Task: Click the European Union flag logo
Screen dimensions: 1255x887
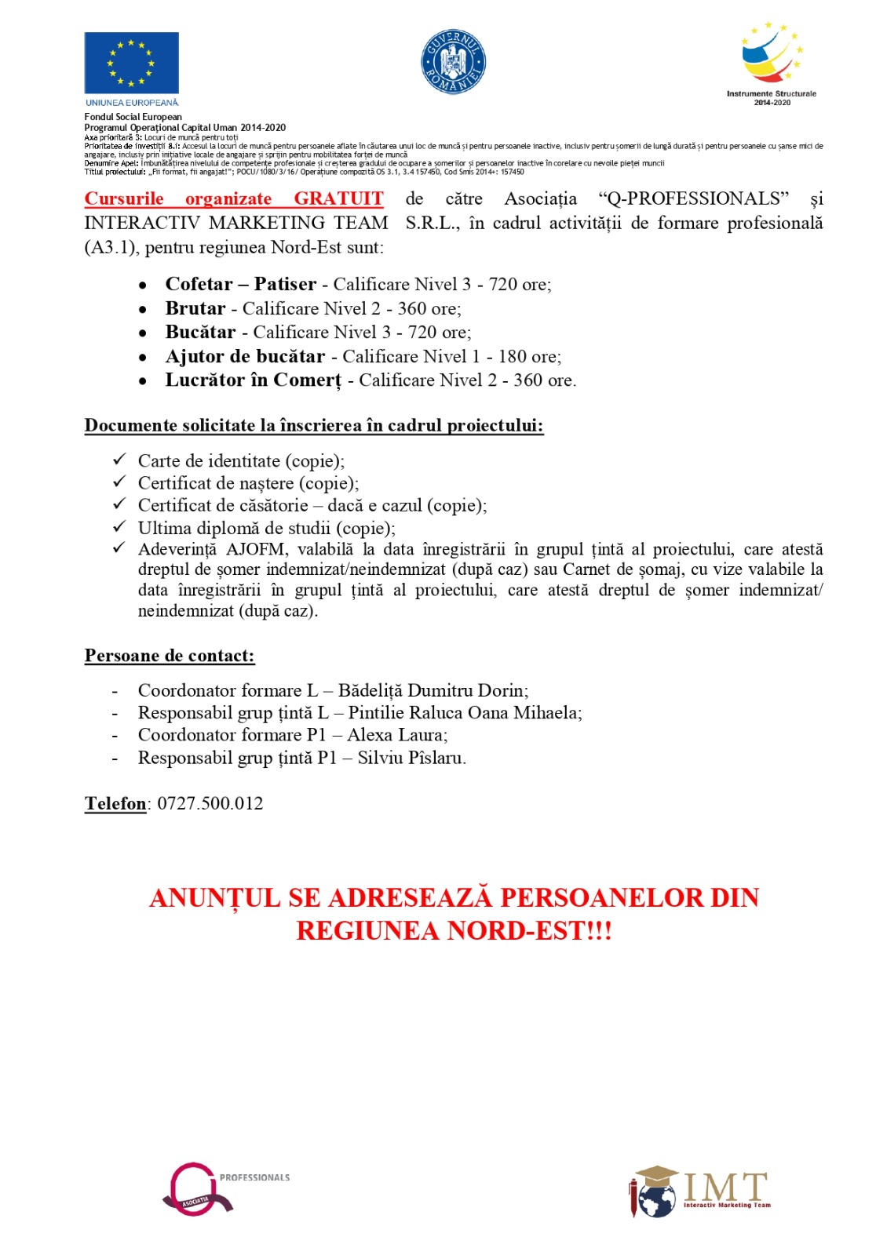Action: pos(131,64)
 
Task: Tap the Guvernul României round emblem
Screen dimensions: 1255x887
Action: pos(454,62)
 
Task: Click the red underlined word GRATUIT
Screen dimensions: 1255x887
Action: pos(338,198)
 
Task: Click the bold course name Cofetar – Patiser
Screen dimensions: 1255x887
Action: pos(240,284)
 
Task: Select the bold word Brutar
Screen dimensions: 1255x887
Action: pos(195,308)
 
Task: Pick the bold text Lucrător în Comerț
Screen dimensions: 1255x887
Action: pos(253,380)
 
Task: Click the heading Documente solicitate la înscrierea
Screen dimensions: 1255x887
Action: pos(314,426)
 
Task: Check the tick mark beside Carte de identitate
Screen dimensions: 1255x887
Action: pos(119,459)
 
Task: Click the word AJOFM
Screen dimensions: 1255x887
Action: pos(256,549)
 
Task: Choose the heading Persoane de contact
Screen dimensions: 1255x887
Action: pos(170,656)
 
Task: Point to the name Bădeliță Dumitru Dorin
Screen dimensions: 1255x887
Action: pos(433,690)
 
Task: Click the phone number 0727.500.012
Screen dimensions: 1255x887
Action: pos(210,803)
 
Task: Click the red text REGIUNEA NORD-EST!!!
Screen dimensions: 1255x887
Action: pos(454,931)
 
